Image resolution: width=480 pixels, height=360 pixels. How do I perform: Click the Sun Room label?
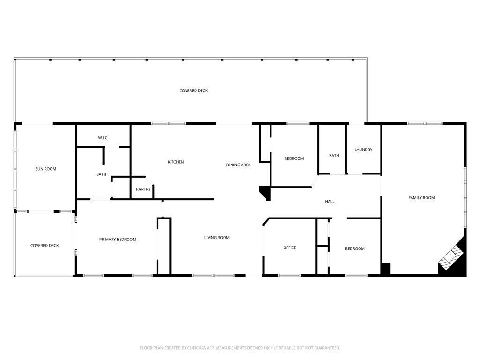(x=45, y=169)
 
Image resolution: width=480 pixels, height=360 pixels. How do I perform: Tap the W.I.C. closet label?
(x=103, y=138)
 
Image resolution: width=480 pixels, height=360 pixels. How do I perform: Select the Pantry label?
(x=143, y=189)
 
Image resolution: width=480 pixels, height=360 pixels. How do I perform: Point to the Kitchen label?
(x=176, y=162)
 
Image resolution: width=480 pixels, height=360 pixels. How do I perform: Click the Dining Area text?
(x=238, y=165)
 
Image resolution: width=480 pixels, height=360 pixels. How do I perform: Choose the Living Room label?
(x=217, y=238)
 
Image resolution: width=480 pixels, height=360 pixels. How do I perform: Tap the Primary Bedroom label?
(x=118, y=240)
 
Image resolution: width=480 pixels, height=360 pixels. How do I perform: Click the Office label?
(x=290, y=248)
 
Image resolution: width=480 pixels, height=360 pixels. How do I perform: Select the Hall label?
(x=330, y=202)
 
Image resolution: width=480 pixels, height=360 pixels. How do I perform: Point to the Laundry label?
(x=363, y=150)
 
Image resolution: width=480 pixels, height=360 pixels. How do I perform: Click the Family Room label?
(x=421, y=198)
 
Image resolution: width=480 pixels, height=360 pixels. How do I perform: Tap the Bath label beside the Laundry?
(x=334, y=156)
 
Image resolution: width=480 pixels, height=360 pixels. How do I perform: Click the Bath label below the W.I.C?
(x=101, y=174)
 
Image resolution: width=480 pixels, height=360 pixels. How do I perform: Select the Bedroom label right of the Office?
(x=355, y=248)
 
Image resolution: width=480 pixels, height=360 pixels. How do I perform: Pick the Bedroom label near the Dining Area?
(x=294, y=158)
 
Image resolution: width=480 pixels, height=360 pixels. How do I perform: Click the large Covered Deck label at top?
(x=194, y=90)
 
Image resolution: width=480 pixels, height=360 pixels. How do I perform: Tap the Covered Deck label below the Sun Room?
(x=45, y=246)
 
